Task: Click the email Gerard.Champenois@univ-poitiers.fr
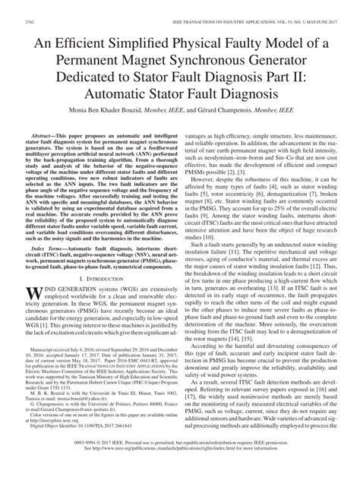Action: (84, 430)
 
